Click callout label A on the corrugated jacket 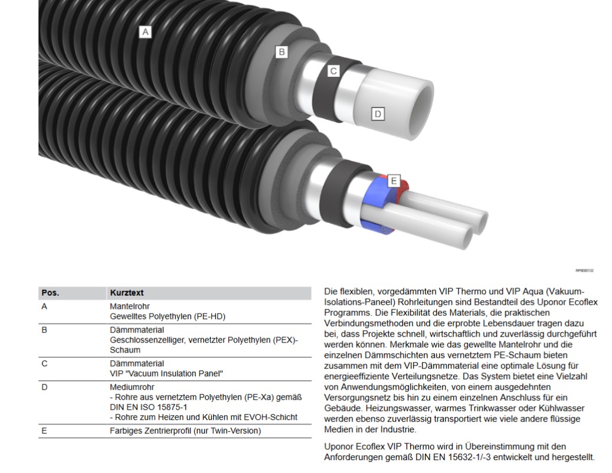coord(145,32)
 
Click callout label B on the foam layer coord(282,52)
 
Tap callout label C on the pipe coord(333,71)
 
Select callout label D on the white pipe coord(378,113)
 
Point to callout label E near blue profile coord(394,181)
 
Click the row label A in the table coord(44,307)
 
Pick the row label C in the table coord(44,364)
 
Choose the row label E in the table coord(44,431)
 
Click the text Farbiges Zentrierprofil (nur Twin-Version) coord(185,431)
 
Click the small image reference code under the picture coord(584,270)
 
